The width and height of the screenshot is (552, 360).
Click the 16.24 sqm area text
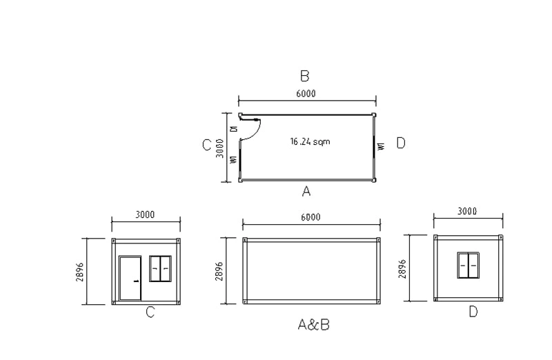pos(310,141)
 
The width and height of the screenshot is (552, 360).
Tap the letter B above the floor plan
pos(304,76)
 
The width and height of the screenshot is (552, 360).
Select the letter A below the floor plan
pos(306,192)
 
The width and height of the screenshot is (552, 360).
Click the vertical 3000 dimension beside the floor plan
pos(219,148)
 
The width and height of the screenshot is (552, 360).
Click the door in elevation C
pos(130,278)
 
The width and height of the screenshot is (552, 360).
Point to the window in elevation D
pos(469,266)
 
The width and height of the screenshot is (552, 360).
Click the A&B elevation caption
pos(313,324)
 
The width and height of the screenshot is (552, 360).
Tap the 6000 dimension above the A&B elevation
pos(310,217)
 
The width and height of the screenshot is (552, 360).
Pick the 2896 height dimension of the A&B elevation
pos(219,271)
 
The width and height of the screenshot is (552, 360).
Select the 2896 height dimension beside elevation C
pos(81,271)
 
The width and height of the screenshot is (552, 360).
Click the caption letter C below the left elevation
pos(150,312)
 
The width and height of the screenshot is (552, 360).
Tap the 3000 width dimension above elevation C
pos(145,214)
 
